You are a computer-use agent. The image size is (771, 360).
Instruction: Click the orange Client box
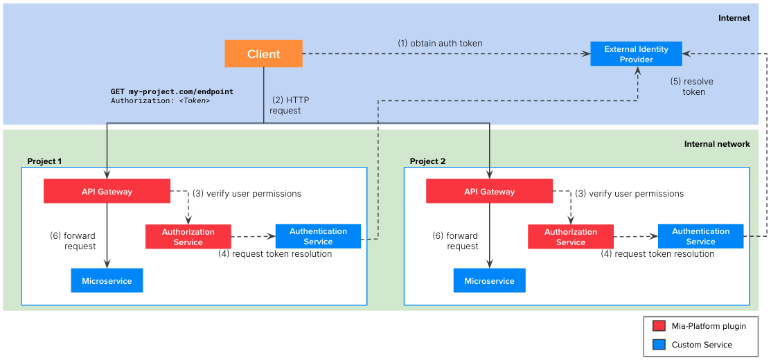click(263, 54)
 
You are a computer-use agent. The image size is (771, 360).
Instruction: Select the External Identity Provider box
click(636, 54)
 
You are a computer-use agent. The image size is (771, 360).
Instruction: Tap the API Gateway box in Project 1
click(107, 191)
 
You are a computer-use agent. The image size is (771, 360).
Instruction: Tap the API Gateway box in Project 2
click(489, 191)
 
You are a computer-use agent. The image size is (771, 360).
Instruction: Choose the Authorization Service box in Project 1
click(188, 237)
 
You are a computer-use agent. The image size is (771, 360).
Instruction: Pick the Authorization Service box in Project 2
click(570, 237)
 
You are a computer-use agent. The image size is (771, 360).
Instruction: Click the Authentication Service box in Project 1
click(318, 236)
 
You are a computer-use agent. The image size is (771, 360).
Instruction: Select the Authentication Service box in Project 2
click(700, 236)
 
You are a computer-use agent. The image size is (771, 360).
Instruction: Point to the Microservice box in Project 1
click(107, 280)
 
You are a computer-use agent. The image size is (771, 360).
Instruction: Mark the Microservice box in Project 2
click(489, 280)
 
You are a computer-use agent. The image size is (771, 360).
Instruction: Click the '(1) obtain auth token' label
click(440, 43)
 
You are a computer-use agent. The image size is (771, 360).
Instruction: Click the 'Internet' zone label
click(734, 18)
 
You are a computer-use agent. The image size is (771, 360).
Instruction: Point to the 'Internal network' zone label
click(717, 144)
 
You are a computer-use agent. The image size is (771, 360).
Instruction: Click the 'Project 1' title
click(44, 161)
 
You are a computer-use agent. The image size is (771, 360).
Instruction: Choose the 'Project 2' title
click(427, 161)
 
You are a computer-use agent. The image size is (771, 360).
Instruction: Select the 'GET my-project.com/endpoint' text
click(172, 91)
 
